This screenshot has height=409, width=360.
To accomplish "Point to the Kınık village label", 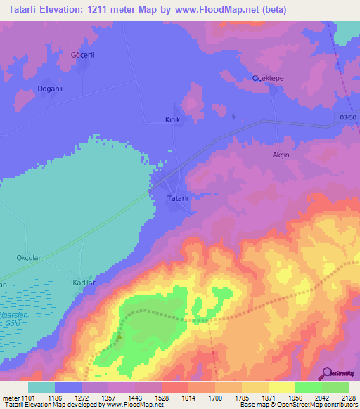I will tap(172, 120).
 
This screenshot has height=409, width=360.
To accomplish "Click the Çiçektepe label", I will tap(267, 78).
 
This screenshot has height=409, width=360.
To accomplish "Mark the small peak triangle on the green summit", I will tap(119, 335).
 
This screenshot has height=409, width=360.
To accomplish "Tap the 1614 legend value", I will tap(188, 397).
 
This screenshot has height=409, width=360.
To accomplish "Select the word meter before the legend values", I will tap(11, 397).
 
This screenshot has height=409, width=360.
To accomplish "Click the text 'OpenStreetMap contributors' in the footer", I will tap(316, 405).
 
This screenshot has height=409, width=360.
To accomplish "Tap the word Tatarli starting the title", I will tap(26, 10).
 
